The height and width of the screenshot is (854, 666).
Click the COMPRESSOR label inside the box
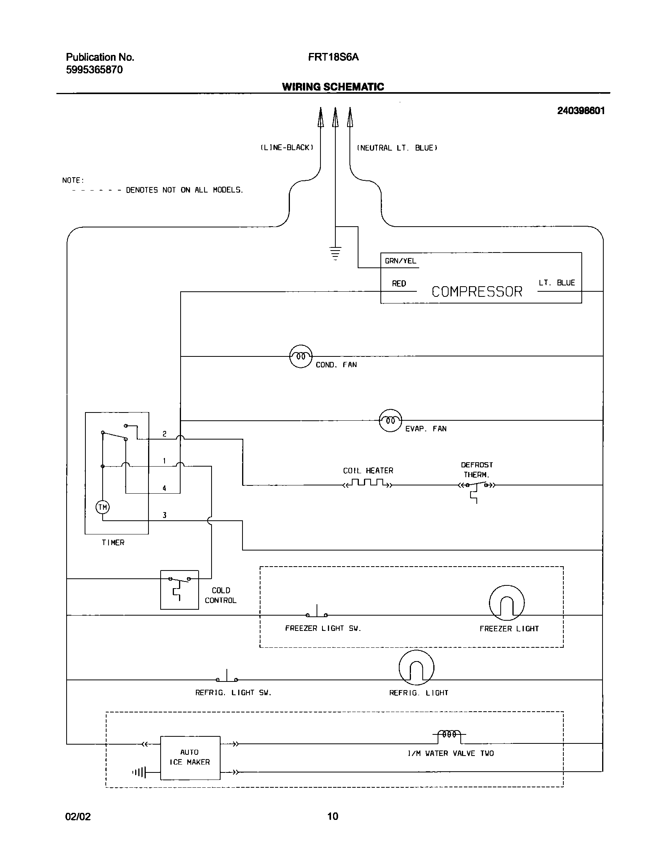click(x=477, y=292)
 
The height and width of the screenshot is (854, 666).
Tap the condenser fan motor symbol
click(x=300, y=356)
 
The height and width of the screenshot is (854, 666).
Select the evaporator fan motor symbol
click(x=390, y=420)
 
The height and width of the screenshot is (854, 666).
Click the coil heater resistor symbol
click(x=367, y=483)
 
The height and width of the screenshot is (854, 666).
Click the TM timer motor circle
click(x=103, y=507)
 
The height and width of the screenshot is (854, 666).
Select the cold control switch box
click(x=179, y=590)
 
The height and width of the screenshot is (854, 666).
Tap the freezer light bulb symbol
click(x=507, y=603)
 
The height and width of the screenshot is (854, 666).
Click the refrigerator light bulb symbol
click(x=416, y=667)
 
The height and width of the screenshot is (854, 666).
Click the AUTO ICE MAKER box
click(x=190, y=758)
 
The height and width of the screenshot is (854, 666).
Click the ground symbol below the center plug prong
click(x=335, y=253)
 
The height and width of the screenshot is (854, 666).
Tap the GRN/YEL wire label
click(x=400, y=261)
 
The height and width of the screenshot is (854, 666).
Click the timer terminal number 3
click(x=165, y=515)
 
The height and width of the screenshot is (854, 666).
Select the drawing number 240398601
click(x=581, y=111)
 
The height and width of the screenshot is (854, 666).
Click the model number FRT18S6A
click(x=333, y=57)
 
